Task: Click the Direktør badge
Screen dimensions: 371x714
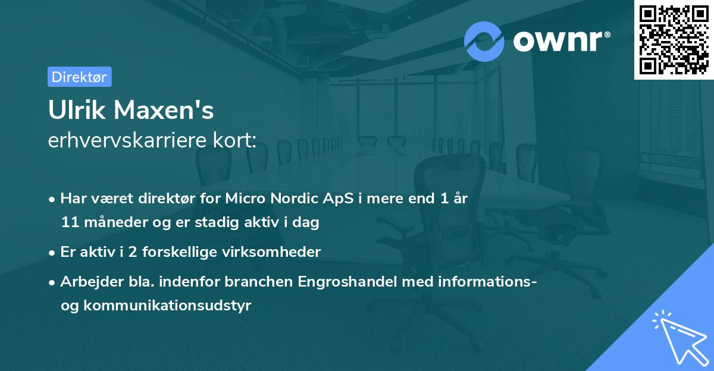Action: (79, 77)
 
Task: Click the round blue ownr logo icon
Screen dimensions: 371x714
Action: (484, 41)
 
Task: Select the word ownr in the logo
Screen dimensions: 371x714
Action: (560, 41)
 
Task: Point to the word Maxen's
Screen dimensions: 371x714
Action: (164, 111)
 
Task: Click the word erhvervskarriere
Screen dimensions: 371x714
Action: (130, 140)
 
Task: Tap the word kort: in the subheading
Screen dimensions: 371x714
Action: (236, 140)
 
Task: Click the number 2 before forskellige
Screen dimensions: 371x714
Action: (122, 252)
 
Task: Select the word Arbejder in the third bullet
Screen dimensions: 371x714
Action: (85, 281)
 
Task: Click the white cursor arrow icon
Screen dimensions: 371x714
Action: (678, 337)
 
